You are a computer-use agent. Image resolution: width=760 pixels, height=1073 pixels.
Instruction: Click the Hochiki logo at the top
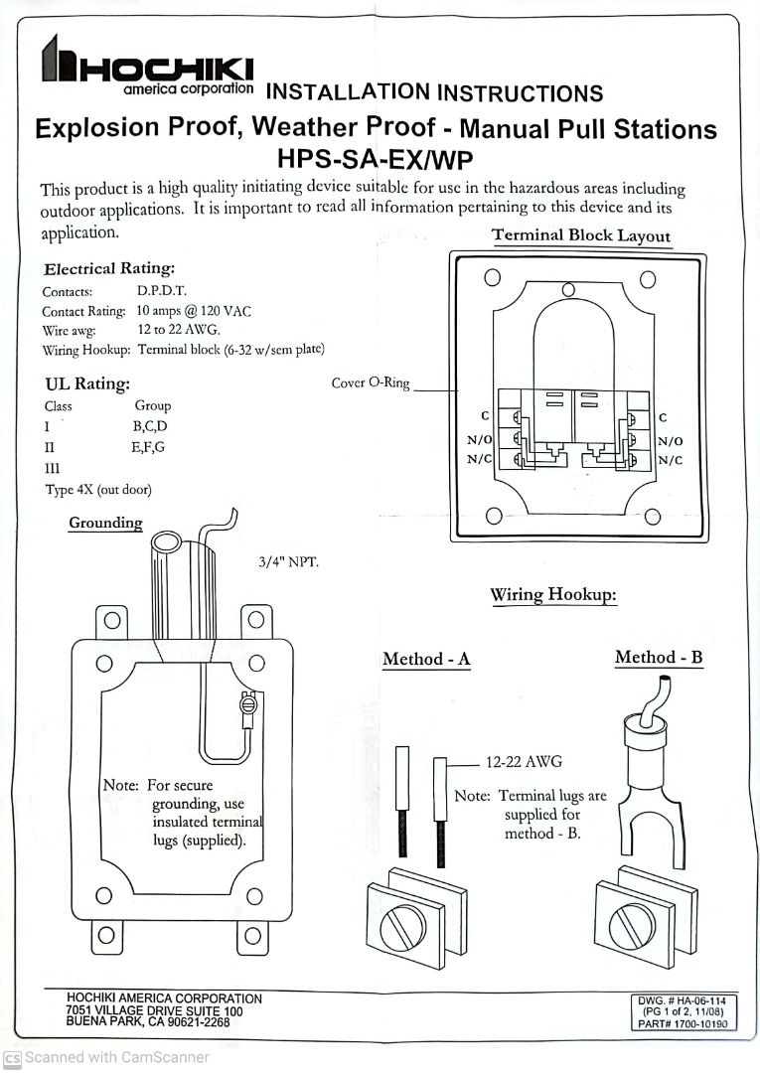(x=146, y=66)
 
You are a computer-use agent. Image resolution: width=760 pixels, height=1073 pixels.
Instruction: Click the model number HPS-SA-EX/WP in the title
(x=376, y=159)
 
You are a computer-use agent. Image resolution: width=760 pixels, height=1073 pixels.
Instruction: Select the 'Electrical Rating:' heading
(x=109, y=268)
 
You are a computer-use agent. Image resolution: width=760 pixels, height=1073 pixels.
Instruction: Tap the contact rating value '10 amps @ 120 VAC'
(x=194, y=311)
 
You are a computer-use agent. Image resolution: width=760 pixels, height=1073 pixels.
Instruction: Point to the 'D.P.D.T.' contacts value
(x=162, y=292)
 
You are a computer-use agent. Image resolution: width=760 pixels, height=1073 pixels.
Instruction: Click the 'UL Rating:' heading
(x=87, y=384)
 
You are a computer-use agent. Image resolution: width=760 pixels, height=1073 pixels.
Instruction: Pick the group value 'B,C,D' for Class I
(x=150, y=426)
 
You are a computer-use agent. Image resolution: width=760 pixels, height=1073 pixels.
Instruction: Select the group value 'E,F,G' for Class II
(x=148, y=447)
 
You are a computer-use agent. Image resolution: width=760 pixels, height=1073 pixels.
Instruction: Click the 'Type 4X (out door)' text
(x=98, y=490)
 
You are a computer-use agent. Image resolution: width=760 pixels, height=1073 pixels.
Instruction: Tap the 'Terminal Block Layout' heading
(x=581, y=236)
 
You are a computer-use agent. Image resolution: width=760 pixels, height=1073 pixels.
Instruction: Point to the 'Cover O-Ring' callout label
(x=370, y=383)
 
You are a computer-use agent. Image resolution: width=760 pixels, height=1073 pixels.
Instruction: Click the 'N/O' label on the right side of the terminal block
(x=670, y=440)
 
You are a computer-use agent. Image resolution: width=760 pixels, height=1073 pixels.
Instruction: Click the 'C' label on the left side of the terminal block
(x=484, y=418)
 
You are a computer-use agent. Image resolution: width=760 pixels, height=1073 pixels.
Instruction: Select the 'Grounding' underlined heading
(x=105, y=523)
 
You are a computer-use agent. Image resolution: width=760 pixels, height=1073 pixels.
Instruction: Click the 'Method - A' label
(x=426, y=660)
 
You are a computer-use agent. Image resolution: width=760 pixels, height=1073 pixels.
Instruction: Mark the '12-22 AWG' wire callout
(x=524, y=762)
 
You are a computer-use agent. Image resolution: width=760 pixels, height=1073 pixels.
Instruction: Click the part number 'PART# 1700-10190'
(x=684, y=1023)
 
